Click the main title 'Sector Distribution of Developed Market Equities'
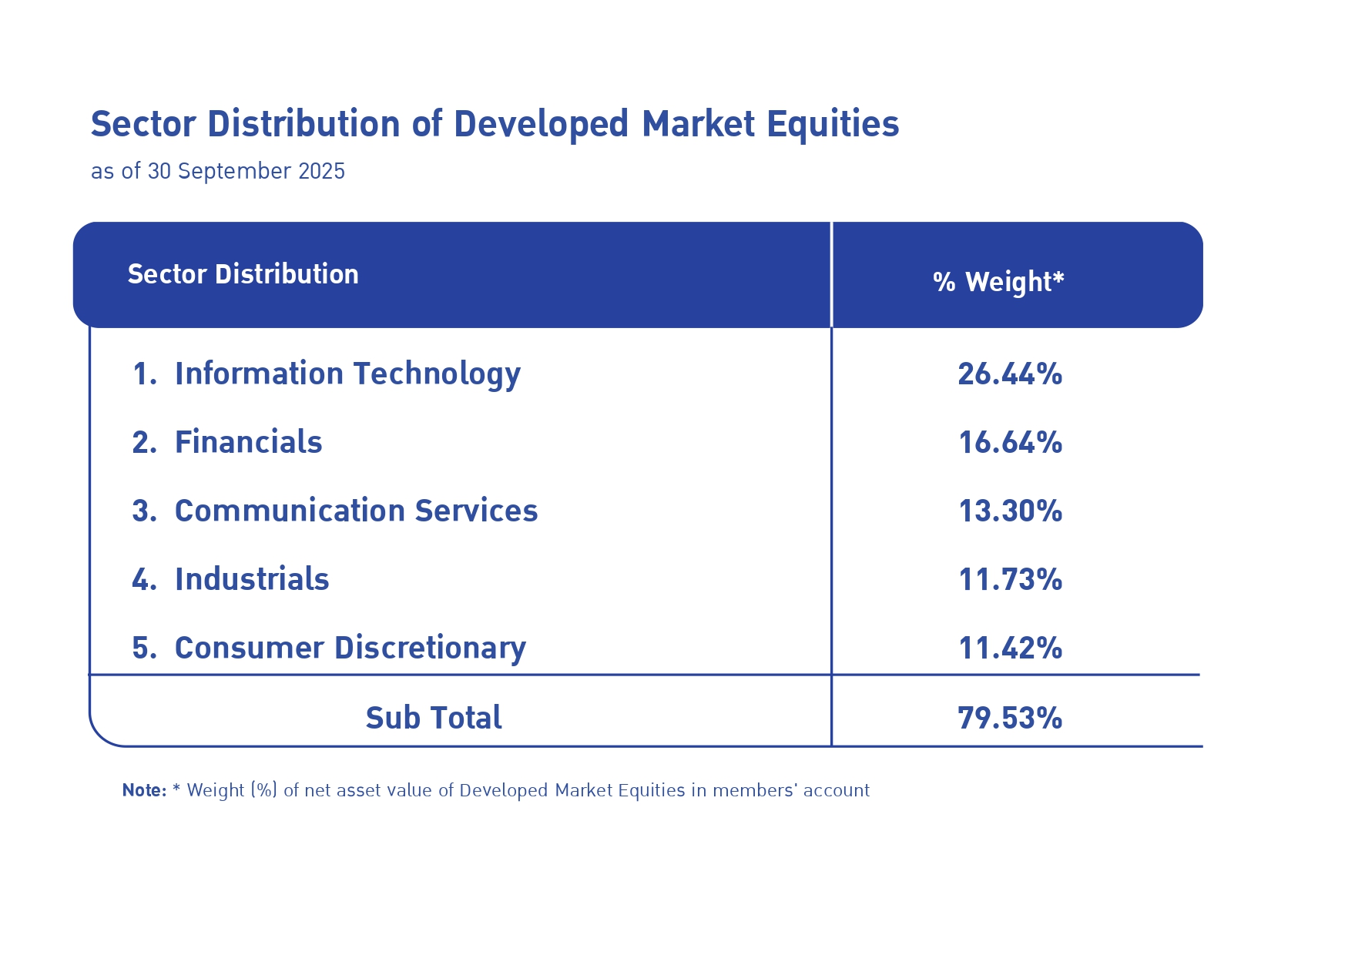(x=495, y=124)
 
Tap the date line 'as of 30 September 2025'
(x=218, y=171)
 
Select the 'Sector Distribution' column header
(x=243, y=274)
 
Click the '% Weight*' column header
(x=998, y=282)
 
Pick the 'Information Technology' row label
(x=347, y=374)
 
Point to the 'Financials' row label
(x=248, y=442)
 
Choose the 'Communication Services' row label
(x=356, y=511)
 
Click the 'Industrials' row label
(x=252, y=579)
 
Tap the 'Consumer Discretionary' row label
(x=350, y=648)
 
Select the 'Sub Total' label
(x=434, y=718)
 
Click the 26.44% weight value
(x=1010, y=374)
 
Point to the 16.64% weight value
(x=1010, y=443)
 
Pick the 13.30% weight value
(x=1010, y=511)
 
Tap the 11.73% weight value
(x=1010, y=580)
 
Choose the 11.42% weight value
(x=1010, y=648)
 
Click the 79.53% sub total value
(x=1010, y=718)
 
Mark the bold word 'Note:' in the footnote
(x=144, y=790)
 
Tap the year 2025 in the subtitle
(x=321, y=171)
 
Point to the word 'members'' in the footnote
(x=754, y=790)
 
